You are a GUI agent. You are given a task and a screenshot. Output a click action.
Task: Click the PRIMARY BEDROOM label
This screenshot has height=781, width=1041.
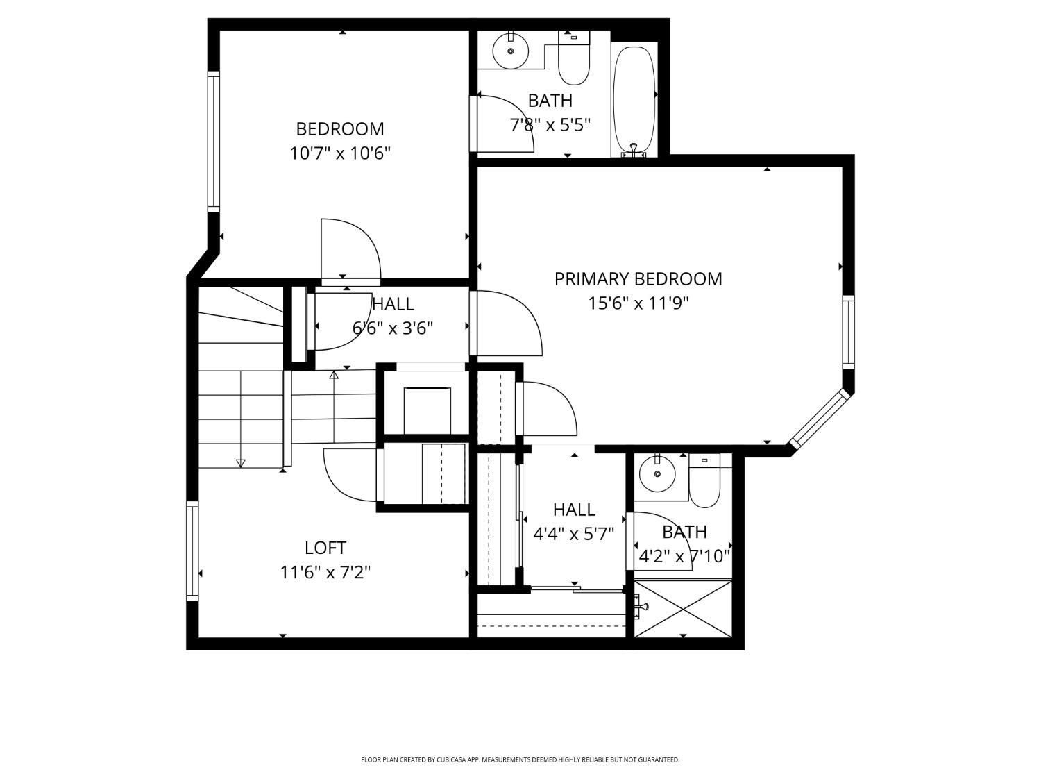point(638,279)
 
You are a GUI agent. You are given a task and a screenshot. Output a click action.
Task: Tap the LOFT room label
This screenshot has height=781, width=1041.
point(325,548)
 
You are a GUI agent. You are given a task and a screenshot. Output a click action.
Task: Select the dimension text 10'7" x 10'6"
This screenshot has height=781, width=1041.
point(340,153)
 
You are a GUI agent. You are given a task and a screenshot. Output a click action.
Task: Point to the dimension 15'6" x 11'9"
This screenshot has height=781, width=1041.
point(638,303)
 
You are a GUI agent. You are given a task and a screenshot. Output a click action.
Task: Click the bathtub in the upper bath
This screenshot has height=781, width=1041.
point(634,100)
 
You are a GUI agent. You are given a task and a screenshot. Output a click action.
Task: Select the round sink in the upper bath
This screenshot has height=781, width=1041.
point(511,51)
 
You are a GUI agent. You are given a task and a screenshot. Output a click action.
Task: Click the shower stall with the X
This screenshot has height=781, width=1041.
point(683,608)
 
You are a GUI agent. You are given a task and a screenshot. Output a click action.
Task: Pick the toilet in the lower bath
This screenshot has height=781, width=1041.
point(704,480)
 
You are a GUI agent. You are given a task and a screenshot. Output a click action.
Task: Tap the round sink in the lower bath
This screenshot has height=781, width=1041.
point(657,473)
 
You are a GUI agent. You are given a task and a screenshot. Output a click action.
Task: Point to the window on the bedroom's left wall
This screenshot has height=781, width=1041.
point(214,142)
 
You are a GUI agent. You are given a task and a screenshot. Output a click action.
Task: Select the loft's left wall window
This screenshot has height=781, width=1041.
point(192,551)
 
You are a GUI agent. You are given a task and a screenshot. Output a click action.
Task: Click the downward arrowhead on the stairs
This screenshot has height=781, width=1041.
point(240,463)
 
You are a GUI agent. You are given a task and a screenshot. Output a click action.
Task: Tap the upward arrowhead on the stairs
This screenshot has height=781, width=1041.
point(334,375)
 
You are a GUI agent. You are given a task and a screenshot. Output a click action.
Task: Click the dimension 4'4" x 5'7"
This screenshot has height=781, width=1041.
point(574,535)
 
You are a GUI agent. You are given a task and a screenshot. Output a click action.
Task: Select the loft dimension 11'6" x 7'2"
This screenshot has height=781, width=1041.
point(325,573)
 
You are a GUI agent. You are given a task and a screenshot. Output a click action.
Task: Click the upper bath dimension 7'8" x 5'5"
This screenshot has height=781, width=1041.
point(550,125)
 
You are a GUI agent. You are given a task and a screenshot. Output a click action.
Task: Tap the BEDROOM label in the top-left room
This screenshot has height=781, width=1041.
point(340,129)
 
